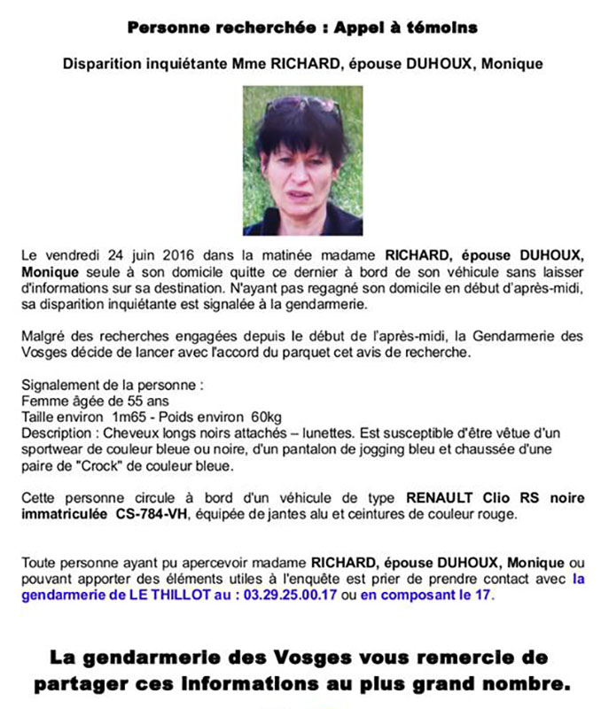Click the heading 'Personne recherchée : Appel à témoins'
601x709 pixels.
click(x=302, y=28)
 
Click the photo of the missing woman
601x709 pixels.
click(x=303, y=160)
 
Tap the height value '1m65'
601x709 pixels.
click(x=131, y=417)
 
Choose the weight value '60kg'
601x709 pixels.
click(x=266, y=417)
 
